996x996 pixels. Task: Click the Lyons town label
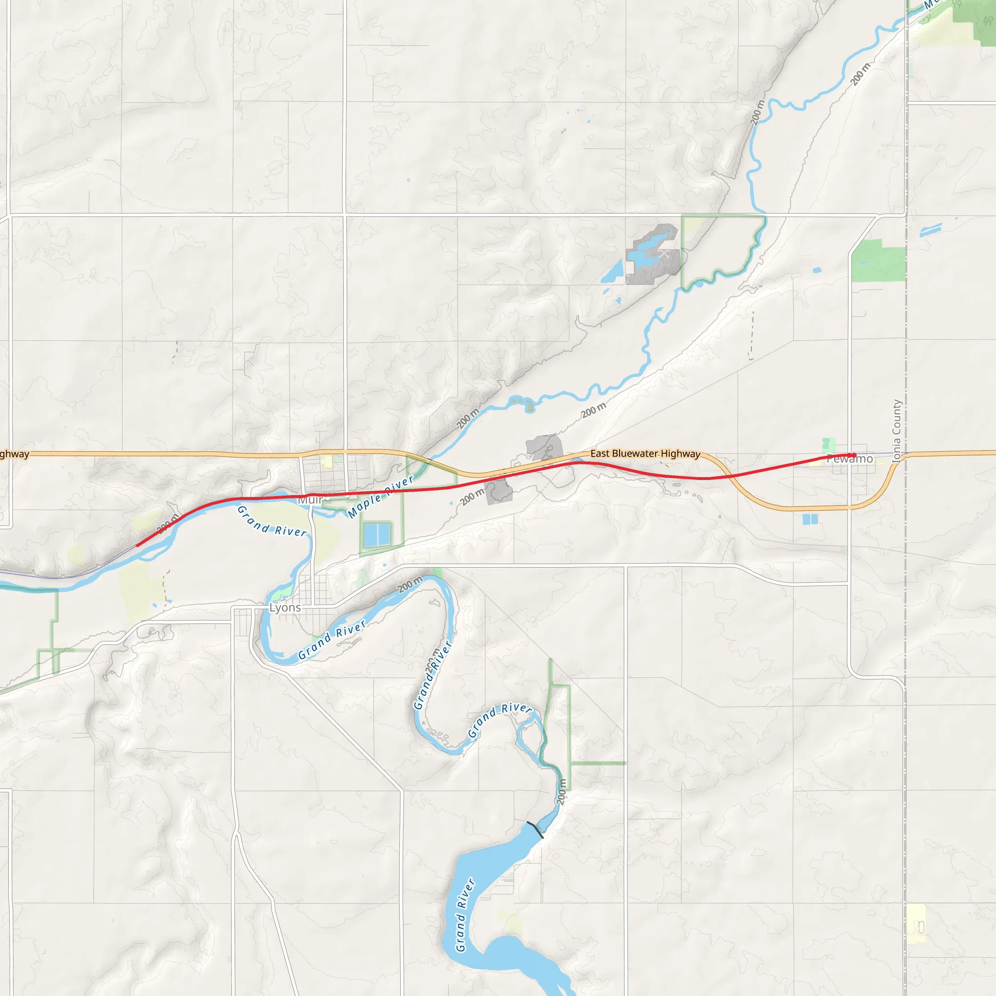[x=285, y=607]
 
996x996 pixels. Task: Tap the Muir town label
[x=310, y=499]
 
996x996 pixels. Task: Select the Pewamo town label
[x=850, y=459]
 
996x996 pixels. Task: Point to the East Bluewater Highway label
[x=645, y=454]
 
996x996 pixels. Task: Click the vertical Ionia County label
[x=896, y=431]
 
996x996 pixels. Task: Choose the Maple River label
[x=380, y=497]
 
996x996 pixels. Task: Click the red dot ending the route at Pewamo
[x=854, y=455]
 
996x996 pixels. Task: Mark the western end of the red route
[x=137, y=545]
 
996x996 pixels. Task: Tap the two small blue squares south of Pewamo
[x=810, y=519]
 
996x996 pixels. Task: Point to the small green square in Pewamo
[x=828, y=444]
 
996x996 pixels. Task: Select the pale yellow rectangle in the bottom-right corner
[x=917, y=924]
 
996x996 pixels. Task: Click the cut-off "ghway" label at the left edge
[x=15, y=454]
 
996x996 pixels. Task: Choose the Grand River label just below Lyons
[x=332, y=639]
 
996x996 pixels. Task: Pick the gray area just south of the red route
[x=498, y=490]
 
